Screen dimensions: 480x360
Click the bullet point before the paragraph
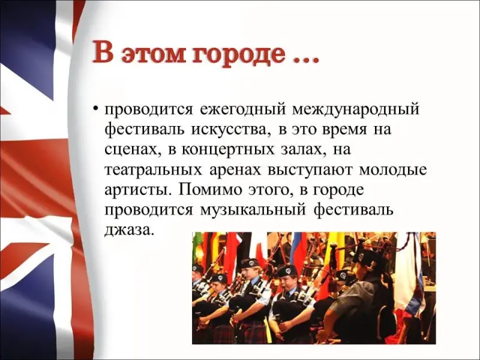pos(96,109)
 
